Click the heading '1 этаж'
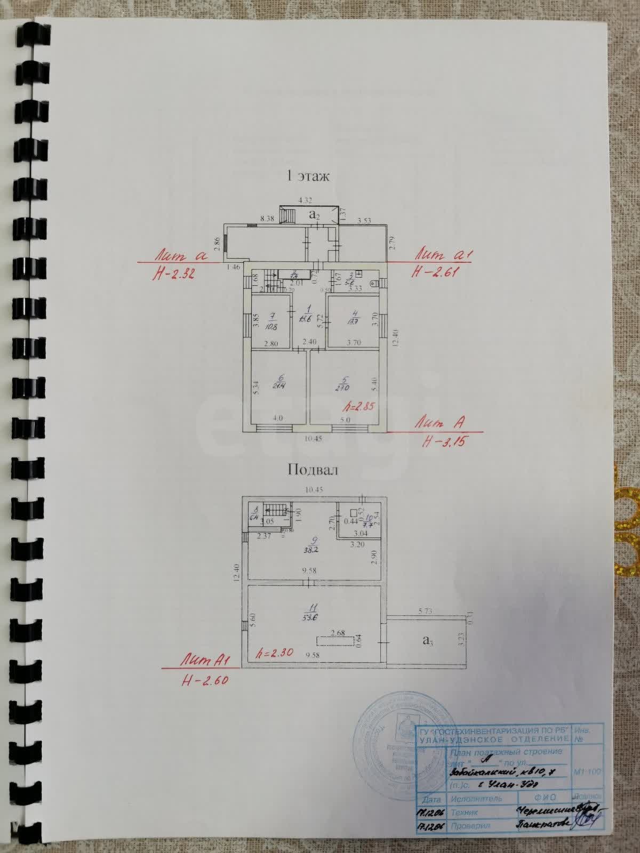pos(308,176)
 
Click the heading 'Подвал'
pos(313,470)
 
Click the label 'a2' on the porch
pos(315,215)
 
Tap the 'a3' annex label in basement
pos(427,641)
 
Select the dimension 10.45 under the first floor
pos(314,439)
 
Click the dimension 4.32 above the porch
pos(305,200)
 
